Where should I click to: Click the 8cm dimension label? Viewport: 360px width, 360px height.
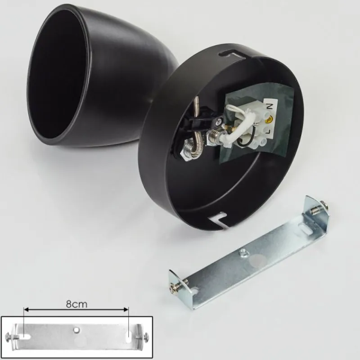(76, 304)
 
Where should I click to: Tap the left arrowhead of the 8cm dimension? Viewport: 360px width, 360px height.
(26, 310)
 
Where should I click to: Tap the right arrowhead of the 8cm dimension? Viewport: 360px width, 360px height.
(126, 310)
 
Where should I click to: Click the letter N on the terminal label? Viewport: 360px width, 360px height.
(269, 107)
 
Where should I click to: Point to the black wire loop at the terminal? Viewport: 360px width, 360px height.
(242, 139)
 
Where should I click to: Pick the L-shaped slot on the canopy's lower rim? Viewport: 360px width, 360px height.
(219, 220)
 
